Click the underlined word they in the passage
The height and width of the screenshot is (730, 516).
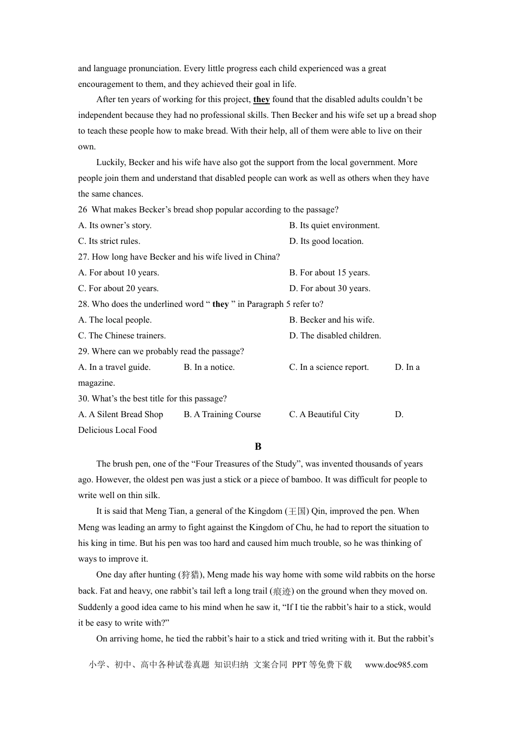[261, 99]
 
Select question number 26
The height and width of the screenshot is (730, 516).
[83, 210]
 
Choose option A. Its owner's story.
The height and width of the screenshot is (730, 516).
[115, 225]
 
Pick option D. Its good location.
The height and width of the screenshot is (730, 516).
[326, 241]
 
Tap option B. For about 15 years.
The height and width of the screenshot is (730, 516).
[329, 273]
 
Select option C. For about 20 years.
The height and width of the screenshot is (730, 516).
[118, 288]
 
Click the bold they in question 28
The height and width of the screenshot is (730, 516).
[221, 304]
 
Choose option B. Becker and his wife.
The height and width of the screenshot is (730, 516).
[331, 320]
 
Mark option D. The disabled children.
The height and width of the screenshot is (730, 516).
[335, 336]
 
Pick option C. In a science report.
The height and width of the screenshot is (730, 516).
[329, 367]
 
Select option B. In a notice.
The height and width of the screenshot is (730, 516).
[209, 367]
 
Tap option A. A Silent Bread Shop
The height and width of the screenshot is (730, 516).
[121, 414]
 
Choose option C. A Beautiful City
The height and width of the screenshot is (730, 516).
[324, 414]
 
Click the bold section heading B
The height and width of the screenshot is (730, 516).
[258, 446]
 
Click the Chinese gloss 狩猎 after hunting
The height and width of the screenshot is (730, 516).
[190, 575]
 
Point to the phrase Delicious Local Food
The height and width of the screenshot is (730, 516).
[117, 430]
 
